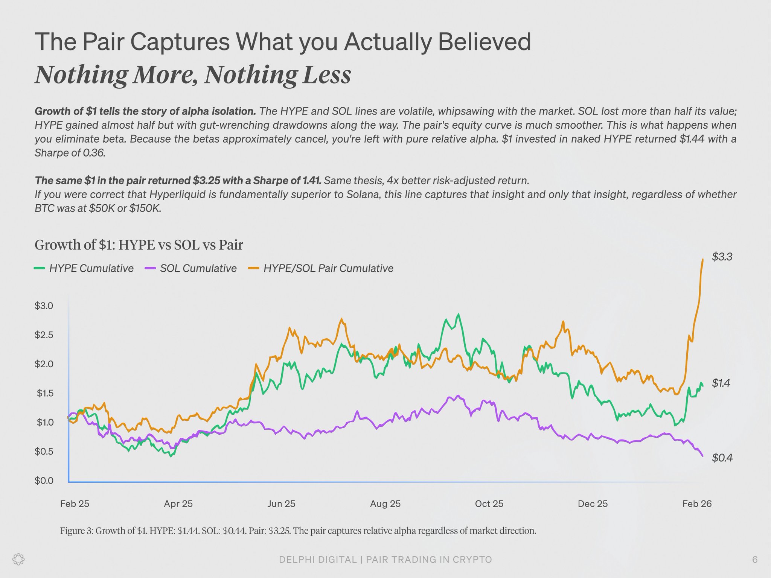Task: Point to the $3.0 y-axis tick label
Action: coord(44,306)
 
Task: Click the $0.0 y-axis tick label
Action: coord(44,481)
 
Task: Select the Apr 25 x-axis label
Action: coord(178,503)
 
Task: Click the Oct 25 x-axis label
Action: coord(489,503)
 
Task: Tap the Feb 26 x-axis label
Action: coord(697,503)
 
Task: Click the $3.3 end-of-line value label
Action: coord(722,257)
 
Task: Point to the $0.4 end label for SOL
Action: coord(722,458)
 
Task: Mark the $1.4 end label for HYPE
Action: coord(721,383)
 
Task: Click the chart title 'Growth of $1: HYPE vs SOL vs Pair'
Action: coord(139,245)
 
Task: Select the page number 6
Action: coord(754,560)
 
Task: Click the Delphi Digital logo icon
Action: coord(19,559)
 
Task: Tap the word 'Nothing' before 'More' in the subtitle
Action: coord(81,75)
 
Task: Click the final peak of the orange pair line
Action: coord(703,259)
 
